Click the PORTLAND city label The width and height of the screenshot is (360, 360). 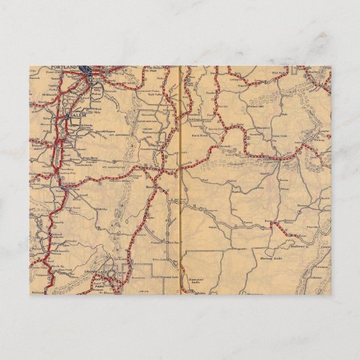click(x=64, y=69)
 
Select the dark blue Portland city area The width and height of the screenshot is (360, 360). click(x=87, y=69)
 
